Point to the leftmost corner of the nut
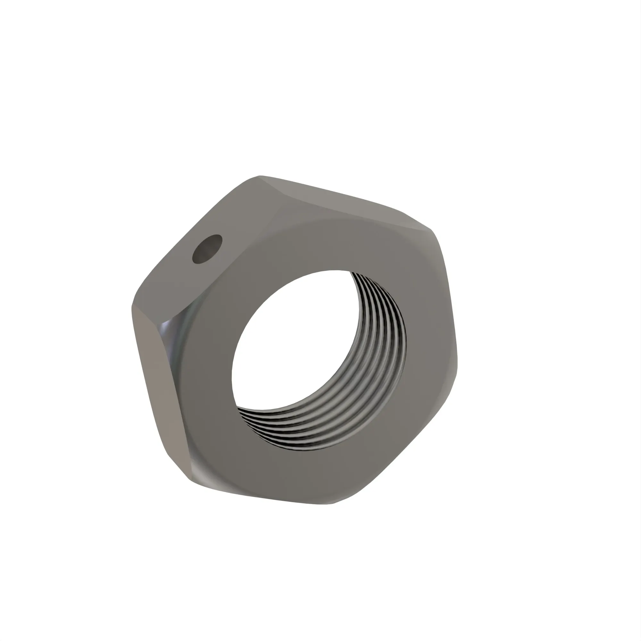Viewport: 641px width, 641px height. (132, 307)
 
